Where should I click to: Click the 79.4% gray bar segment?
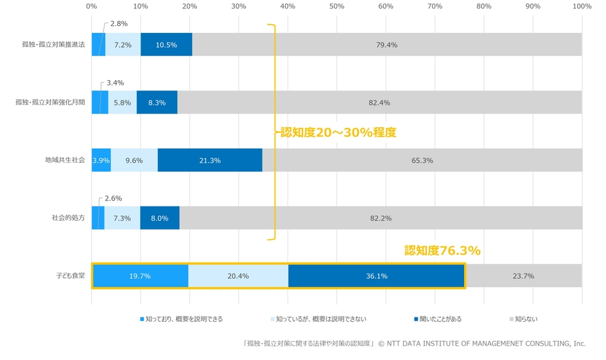[387, 45]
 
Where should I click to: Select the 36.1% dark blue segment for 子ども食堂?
[376, 276]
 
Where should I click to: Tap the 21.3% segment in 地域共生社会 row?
[210, 161]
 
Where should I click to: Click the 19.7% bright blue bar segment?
[140, 276]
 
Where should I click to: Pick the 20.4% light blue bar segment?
[238, 276]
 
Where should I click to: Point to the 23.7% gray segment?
[523, 276]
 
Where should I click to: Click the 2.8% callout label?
[118, 23]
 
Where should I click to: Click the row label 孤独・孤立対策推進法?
[54, 45]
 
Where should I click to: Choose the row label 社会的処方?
[68, 218]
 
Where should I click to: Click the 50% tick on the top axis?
[337, 6]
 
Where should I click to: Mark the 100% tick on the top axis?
[582, 6]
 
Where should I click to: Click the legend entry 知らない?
[523, 319]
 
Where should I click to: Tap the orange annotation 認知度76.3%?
[442, 251]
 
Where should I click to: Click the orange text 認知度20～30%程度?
[338, 132]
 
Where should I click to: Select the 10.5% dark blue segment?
[166, 45]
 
